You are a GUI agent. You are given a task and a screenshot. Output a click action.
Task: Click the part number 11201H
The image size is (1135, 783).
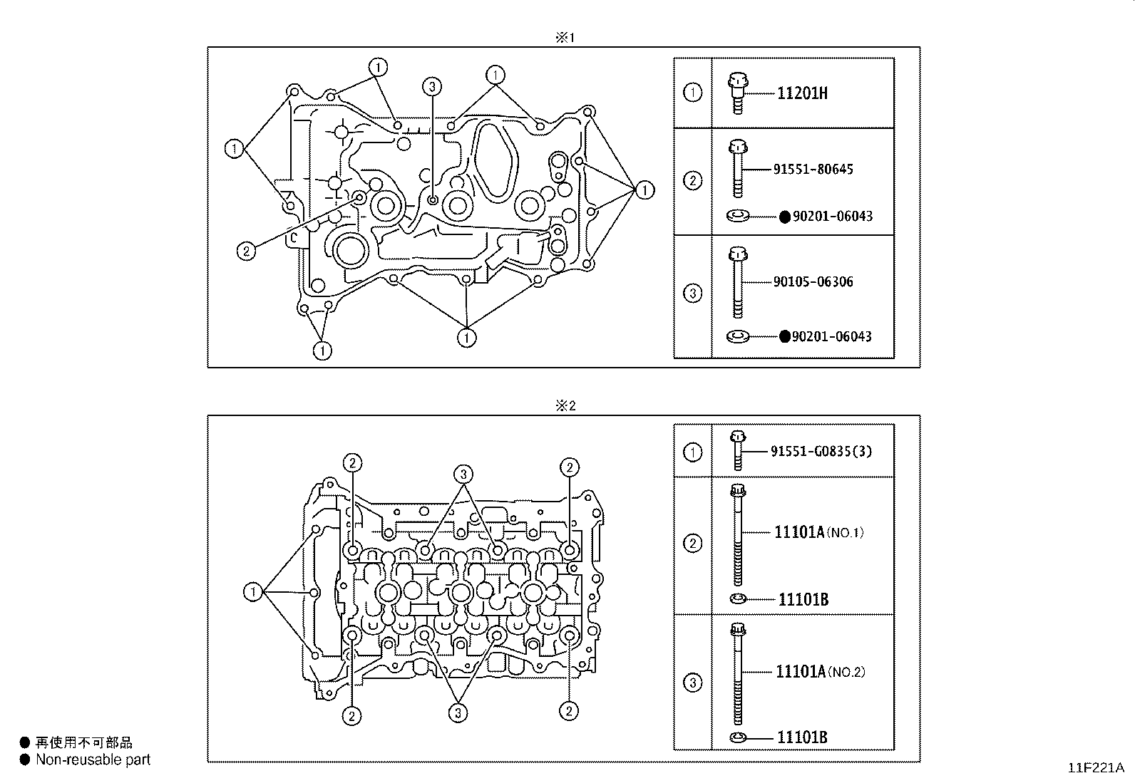tap(802, 93)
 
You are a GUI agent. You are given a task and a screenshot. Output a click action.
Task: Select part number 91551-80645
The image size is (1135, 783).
tap(813, 169)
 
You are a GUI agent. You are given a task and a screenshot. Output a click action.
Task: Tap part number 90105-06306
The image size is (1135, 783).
tap(813, 281)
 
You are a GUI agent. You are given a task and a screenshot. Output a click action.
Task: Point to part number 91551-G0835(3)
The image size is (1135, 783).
tap(821, 451)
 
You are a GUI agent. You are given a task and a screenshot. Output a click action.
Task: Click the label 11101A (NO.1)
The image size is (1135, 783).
tap(819, 532)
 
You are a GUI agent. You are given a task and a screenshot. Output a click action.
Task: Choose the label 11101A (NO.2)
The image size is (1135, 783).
tap(821, 672)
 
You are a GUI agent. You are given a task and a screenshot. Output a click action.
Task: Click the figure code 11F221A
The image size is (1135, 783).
tap(1096, 768)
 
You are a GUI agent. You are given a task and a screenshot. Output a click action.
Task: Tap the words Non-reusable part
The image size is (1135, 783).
tap(93, 759)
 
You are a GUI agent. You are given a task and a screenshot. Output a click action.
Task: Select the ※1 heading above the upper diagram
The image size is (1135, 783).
tap(565, 38)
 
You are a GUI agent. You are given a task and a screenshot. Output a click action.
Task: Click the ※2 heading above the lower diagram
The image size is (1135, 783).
tap(565, 405)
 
